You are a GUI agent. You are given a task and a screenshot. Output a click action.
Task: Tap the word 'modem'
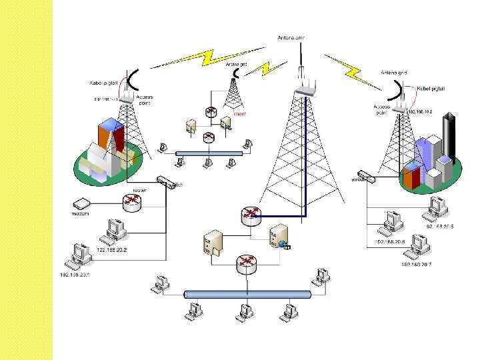(80, 214)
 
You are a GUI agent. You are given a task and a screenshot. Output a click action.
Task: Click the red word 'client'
(239, 114)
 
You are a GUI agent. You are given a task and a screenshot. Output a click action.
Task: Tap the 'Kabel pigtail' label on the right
(430, 88)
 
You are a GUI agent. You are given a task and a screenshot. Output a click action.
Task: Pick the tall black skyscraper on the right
(453, 137)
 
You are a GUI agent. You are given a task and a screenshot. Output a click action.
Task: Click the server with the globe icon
(277, 239)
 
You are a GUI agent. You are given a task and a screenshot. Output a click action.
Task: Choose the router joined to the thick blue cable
(251, 215)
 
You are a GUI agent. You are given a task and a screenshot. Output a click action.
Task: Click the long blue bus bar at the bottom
(247, 294)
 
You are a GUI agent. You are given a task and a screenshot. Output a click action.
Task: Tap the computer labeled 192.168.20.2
(111, 230)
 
